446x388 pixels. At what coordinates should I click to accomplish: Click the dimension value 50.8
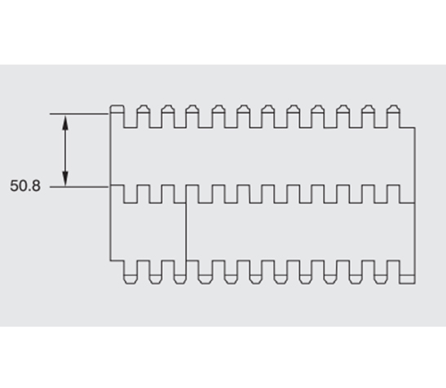coord(25,185)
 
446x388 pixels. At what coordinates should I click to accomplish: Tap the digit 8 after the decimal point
coord(37,185)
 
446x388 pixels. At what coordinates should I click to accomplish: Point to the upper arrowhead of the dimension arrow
coord(65,123)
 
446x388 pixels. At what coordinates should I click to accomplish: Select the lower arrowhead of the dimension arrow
coord(65,179)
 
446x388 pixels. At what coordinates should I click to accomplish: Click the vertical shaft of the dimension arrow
coord(65,150)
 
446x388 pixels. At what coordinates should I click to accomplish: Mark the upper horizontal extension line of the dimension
coord(79,114)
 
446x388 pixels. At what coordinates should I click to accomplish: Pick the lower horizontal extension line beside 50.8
coord(79,187)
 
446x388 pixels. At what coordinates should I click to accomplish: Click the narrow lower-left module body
coord(148,232)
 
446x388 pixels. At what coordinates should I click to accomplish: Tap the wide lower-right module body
coord(300,232)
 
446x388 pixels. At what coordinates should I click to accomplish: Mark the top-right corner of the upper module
coord(415,127)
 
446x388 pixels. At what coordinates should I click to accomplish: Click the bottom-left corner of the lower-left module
coord(110,261)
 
